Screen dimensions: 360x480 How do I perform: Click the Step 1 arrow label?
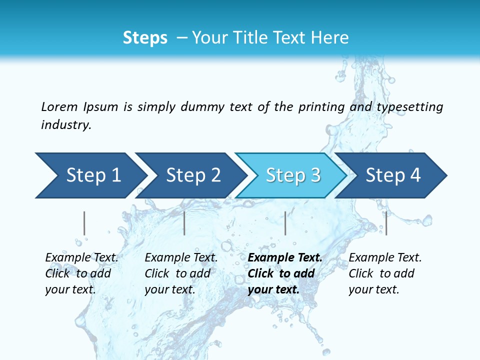[93, 175]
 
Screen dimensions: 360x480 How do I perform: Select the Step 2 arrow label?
[193, 175]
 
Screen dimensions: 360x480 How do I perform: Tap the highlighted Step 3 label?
[293, 175]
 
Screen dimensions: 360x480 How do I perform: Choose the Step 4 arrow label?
[393, 175]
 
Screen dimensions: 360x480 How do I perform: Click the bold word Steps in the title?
[145, 38]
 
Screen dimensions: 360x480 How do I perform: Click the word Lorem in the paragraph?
[59, 106]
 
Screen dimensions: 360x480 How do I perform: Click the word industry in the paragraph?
[66, 124]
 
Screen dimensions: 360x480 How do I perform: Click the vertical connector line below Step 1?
[84, 223]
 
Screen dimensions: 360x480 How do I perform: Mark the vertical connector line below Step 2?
[184, 223]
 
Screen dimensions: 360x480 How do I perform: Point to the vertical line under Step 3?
[285, 223]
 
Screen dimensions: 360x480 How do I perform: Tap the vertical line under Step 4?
[386, 223]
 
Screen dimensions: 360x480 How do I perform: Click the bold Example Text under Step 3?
[285, 258]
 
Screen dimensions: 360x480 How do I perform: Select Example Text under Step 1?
[81, 258]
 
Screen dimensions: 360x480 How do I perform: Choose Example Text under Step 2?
[181, 258]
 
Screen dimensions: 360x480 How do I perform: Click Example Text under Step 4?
[385, 258]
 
